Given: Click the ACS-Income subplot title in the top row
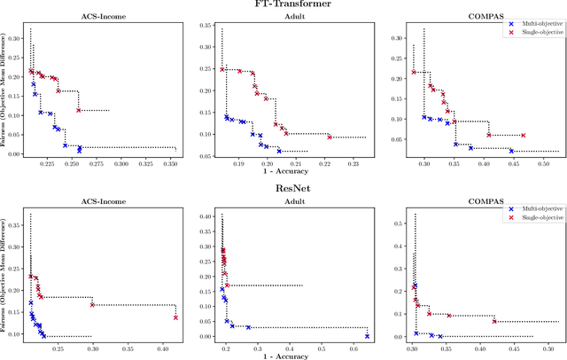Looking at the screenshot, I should click(x=102, y=16).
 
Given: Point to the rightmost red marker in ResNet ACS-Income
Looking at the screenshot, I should click(x=175, y=317).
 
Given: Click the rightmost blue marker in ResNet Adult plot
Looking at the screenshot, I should click(x=367, y=336).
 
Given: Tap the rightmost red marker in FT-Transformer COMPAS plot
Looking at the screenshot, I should click(x=523, y=136).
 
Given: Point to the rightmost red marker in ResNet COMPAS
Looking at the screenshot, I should click(x=494, y=321).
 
